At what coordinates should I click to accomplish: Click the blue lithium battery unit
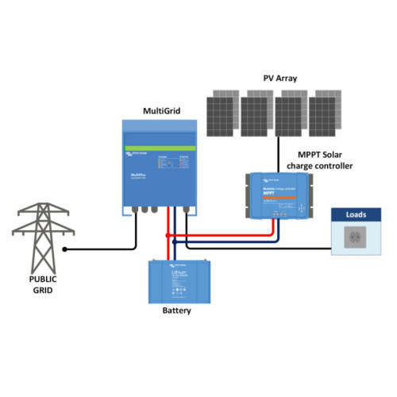coord(177,279)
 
